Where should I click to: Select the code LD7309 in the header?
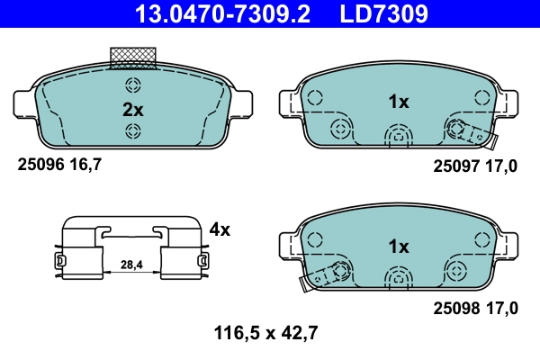pos(382,13)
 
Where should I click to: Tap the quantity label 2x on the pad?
pos(132,110)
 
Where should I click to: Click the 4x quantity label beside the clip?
pos(219,229)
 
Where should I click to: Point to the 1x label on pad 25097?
pos(398,103)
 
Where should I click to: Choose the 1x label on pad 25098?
pos(398,246)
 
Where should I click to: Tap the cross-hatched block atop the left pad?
pos(132,58)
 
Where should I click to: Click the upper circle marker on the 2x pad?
pos(133,87)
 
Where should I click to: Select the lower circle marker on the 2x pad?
pos(133,132)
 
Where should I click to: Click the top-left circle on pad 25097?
pos(315,95)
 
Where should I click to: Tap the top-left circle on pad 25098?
pos(315,239)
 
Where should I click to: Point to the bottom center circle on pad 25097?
pos(397,136)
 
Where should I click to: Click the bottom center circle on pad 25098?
pos(397,278)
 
